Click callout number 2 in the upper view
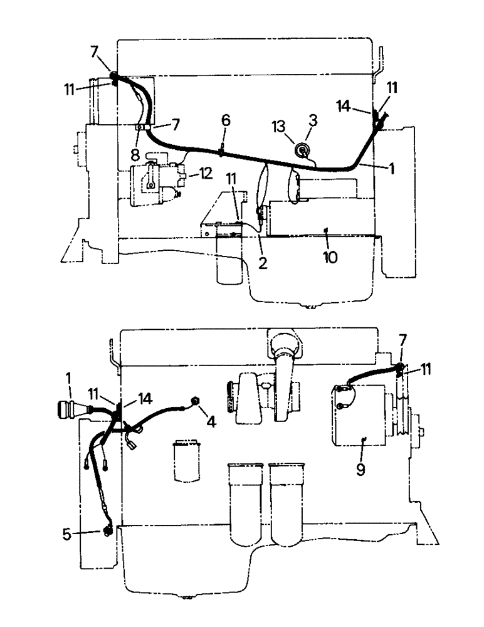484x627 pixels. (x=263, y=263)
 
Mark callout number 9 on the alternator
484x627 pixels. (x=360, y=468)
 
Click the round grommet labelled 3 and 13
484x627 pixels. (x=303, y=149)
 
